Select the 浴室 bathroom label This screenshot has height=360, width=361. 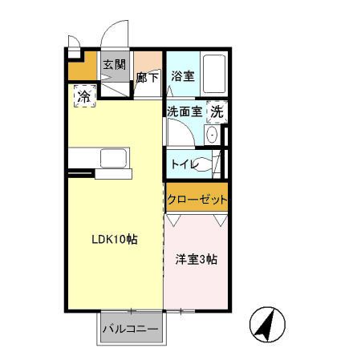[182, 77]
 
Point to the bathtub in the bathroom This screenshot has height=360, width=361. [213, 73]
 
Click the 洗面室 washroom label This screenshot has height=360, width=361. [185, 113]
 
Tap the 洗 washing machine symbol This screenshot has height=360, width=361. [217, 113]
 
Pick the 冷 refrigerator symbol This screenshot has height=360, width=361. [84, 96]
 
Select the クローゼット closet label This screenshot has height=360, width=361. [197, 200]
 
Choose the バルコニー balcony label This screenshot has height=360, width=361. [130, 329]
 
